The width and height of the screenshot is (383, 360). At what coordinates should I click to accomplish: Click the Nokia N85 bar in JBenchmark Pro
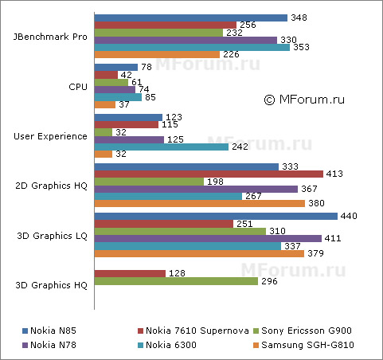(x=191, y=18)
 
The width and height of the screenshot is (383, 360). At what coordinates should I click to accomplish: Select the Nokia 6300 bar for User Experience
(x=143, y=147)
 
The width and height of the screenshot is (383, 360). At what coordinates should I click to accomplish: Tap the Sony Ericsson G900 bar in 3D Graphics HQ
(x=176, y=280)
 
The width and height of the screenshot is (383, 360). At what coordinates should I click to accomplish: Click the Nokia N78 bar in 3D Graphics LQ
(x=208, y=238)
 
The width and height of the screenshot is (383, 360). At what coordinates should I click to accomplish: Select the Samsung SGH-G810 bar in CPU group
(x=104, y=104)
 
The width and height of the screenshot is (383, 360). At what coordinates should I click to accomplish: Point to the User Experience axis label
(x=51, y=136)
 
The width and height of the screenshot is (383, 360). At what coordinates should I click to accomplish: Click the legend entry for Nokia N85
(x=55, y=329)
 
